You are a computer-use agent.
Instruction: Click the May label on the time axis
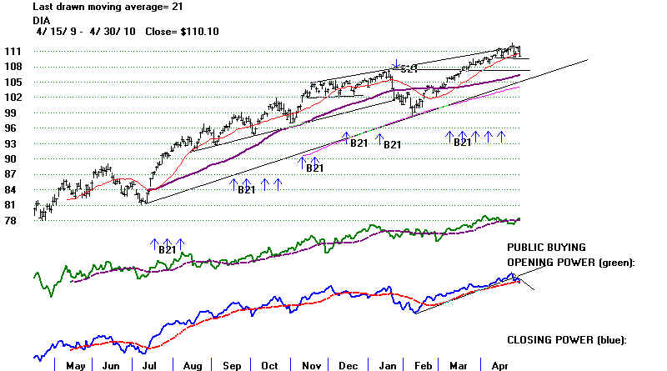point(75,365)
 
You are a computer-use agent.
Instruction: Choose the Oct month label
point(270,365)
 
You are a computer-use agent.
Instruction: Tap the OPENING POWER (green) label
point(571,262)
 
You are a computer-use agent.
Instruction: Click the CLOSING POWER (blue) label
point(566,339)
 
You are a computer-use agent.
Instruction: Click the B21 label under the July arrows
point(168,248)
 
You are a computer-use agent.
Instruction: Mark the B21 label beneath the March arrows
point(464,143)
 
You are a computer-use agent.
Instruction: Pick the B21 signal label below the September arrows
point(247,190)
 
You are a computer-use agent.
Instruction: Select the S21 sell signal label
point(408,70)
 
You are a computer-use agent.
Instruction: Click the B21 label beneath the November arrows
point(314,168)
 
